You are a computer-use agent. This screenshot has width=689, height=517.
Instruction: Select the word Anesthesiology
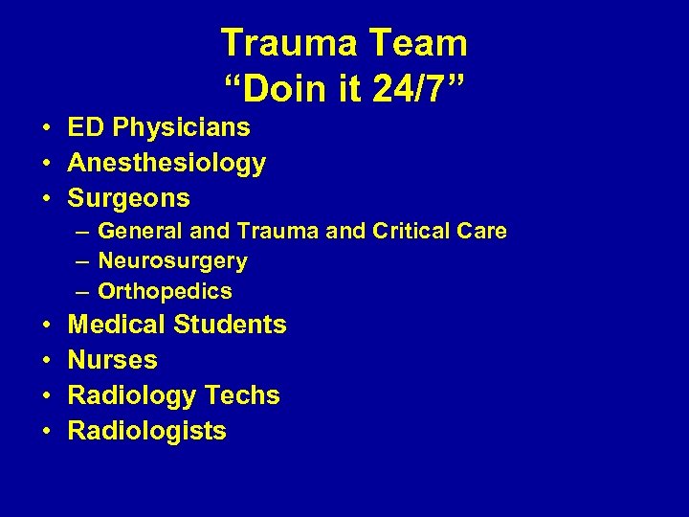click(x=167, y=163)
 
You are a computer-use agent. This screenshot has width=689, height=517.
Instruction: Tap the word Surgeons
click(x=129, y=198)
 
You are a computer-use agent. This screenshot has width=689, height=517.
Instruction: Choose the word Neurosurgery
click(x=172, y=260)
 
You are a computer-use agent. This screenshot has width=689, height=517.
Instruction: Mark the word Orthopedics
click(x=165, y=290)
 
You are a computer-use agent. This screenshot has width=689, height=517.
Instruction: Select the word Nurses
click(x=113, y=360)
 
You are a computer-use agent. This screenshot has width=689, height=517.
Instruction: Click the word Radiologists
click(x=147, y=431)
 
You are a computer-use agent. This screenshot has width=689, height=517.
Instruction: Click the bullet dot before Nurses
click(x=46, y=361)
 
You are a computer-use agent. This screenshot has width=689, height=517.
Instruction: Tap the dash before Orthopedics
click(x=84, y=290)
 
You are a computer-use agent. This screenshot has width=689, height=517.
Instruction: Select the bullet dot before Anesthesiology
click(x=46, y=164)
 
